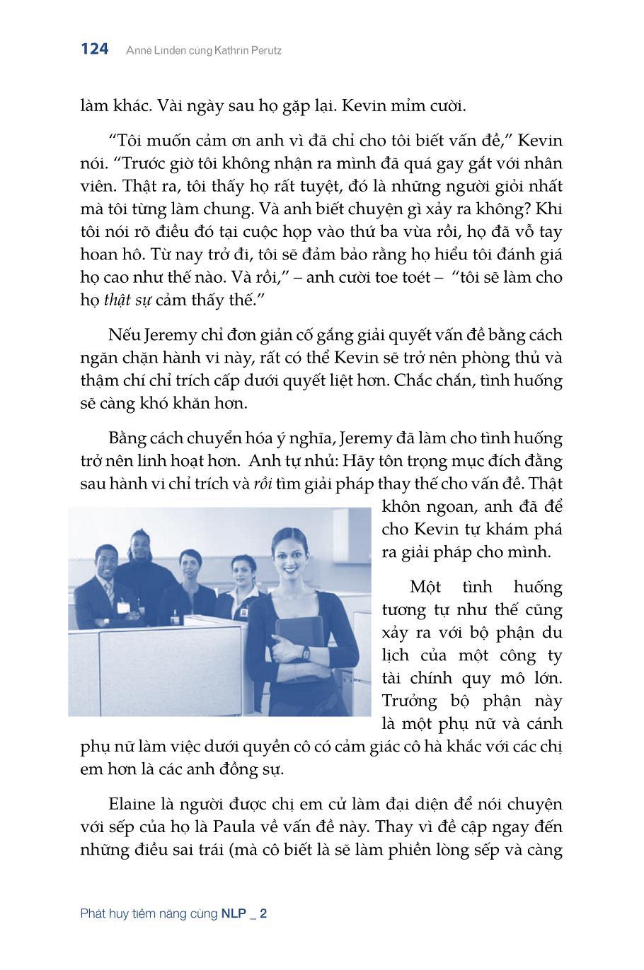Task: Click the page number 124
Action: [x=95, y=49]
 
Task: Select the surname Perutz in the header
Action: [x=264, y=50]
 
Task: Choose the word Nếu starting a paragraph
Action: [x=123, y=334]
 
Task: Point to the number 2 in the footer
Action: [x=263, y=913]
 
